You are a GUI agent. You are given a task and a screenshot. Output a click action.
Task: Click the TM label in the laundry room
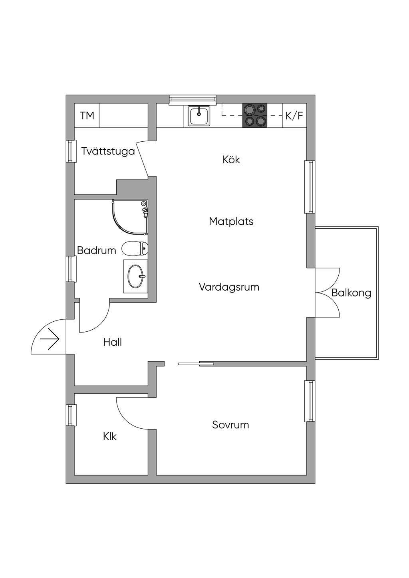pyautogui.click(x=87, y=116)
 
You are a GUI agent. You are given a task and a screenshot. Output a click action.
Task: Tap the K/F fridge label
pyautogui.click(x=294, y=116)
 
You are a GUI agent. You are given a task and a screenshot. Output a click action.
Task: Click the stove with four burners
pyautogui.click(x=255, y=115)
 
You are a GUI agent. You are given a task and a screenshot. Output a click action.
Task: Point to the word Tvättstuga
pyautogui.click(x=108, y=151)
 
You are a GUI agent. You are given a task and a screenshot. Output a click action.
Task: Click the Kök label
pyautogui.click(x=231, y=160)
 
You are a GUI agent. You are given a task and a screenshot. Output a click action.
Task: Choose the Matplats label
pyautogui.click(x=231, y=221)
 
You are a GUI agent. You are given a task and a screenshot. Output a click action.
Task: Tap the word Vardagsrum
pyautogui.click(x=229, y=287)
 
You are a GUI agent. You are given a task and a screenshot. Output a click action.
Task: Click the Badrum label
pyautogui.click(x=96, y=251)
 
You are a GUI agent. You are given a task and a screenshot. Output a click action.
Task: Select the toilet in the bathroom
pyautogui.click(x=135, y=249)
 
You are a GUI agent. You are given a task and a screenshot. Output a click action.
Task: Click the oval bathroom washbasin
pyautogui.click(x=136, y=276)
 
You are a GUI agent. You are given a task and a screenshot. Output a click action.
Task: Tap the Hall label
pyautogui.click(x=112, y=342)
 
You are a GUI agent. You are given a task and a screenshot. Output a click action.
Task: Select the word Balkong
pyautogui.click(x=351, y=293)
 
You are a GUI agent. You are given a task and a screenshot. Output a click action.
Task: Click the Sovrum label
pyautogui.click(x=230, y=425)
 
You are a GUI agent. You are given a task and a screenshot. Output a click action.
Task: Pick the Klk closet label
pyautogui.click(x=110, y=437)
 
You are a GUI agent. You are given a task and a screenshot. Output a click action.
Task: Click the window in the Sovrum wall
pyautogui.click(x=310, y=401)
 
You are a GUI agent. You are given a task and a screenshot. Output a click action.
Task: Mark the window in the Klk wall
pyautogui.click(x=71, y=415)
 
